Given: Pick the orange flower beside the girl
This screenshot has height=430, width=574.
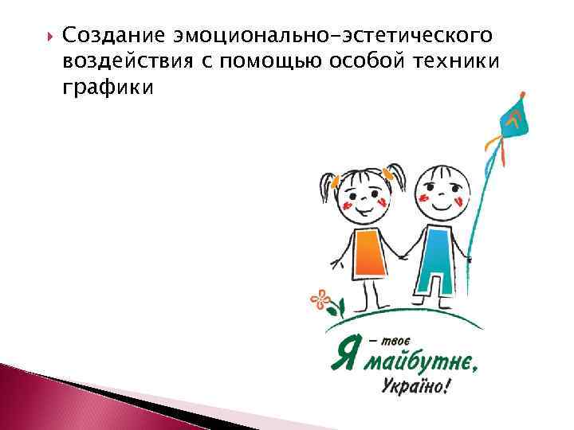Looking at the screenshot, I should pyautogui.click(x=321, y=299).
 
